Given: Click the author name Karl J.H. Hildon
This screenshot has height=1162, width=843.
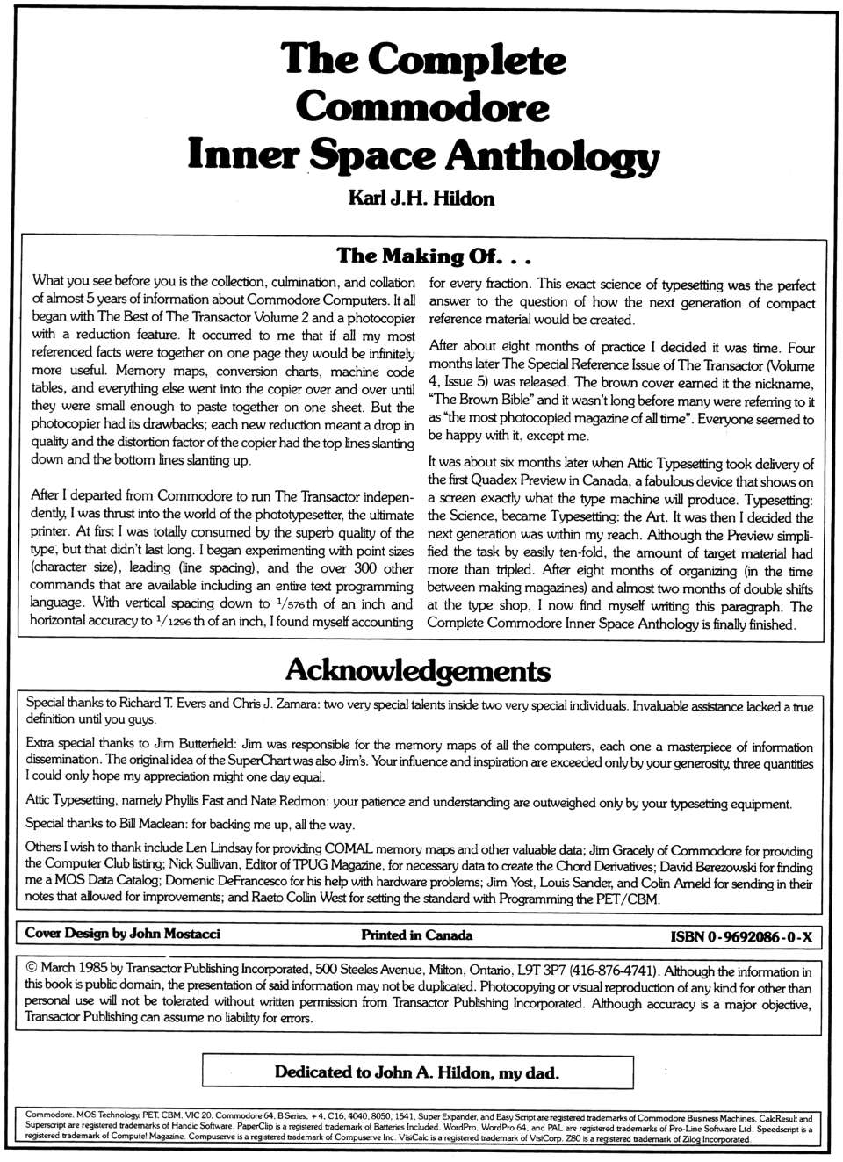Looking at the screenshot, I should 421,198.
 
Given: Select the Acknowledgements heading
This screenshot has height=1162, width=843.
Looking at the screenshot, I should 418,671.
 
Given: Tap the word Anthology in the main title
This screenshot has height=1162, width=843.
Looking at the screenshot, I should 551,155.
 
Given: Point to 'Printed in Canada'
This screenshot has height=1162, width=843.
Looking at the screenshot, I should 416,935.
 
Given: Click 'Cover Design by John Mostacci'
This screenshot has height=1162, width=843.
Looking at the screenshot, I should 122,935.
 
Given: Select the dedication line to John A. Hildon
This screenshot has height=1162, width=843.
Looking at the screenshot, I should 416,1072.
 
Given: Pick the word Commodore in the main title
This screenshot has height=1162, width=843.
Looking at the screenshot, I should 421,108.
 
